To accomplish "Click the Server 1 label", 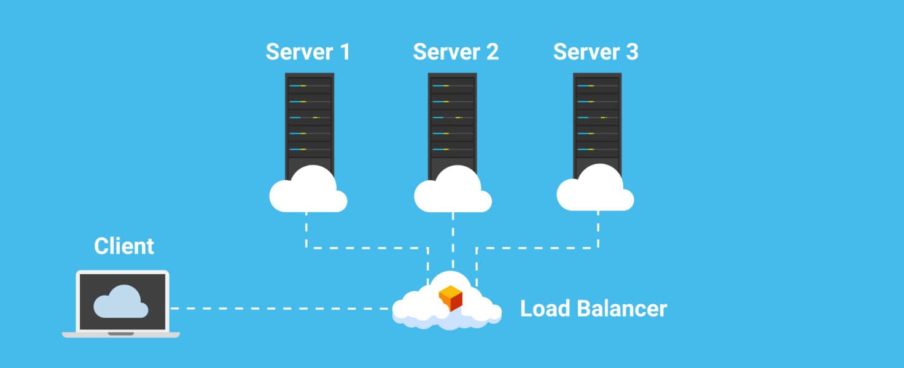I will pyautogui.click(x=308, y=52).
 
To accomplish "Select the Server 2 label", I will pyautogui.click(x=456, y=52).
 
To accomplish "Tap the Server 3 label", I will pyautogui.click(x=596, y=52).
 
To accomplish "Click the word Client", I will pyautogui.click(x=124, y=246).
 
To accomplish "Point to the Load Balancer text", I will pyautogui.click(x=593, y=309).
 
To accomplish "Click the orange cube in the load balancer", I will pyautogui.click(x=450, y=299).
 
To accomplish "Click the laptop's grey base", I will pyautogui.click(x=121, y=334).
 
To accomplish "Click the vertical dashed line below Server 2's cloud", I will pyautogui.click(x=453, y=239).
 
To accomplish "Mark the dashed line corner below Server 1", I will pyautogui.click(x=306, y=248).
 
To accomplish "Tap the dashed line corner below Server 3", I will pyautogui.click(x=598, y=248).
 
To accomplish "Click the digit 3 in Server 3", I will pyautogui.click(x=632, y=52).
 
